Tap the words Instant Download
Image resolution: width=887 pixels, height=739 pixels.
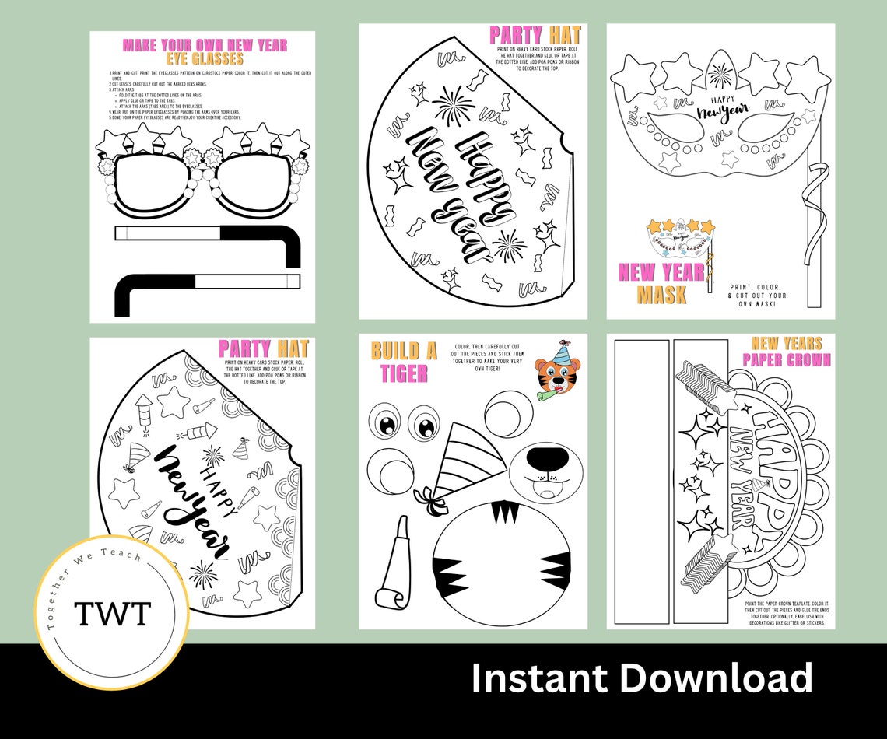642,678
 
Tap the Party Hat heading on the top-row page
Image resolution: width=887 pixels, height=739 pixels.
536,35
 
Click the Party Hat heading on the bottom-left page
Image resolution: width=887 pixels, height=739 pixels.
263,348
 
